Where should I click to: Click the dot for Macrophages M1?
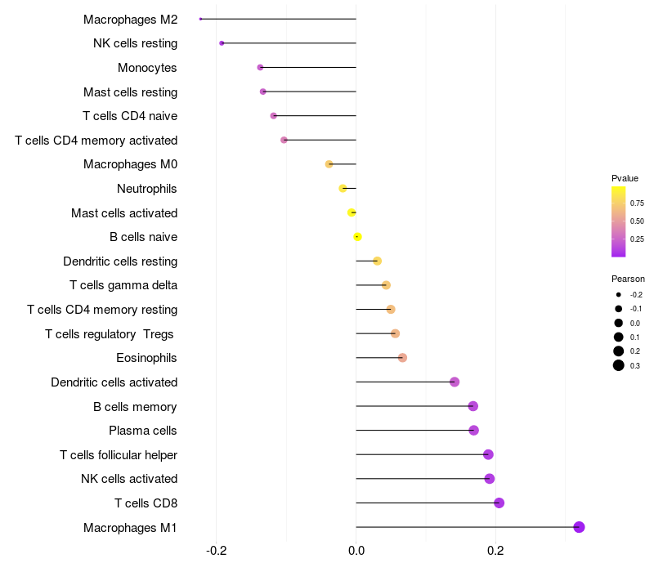coord(579,527)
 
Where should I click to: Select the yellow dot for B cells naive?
coord(357,237)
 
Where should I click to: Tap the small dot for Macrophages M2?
coord(200,19)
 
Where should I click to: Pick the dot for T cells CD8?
coord(499,503)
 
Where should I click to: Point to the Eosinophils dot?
coord(402,358)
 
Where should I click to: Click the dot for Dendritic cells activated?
coord(455,382)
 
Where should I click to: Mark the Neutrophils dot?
coord(343,189)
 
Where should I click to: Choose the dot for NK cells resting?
coord(222,43)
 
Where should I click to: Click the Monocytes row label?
coord(147,68)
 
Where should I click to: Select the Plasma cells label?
coord(142,431)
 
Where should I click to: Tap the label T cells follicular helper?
coord(119,455)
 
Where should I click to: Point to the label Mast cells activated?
coord(124,213)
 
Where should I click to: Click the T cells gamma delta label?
coord(123,285)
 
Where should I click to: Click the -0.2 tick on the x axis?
coord(217,551)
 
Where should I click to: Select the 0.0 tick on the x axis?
coord(356,551)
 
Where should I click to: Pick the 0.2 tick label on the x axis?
coord(495,551)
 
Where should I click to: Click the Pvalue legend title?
coord(625,178)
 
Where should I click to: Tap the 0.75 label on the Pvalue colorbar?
coord(637,203)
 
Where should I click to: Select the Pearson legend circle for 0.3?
coord(619,365)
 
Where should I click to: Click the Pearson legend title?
coord(628,279)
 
